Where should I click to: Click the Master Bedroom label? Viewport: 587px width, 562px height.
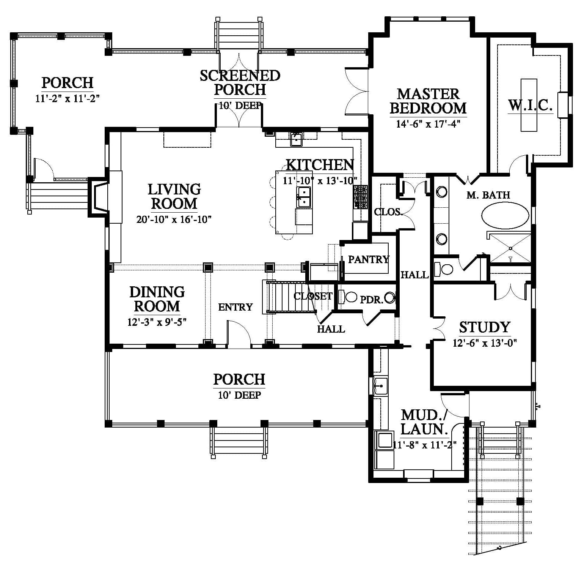[x=428, y=101]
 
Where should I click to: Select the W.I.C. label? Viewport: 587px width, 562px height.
[x=530, y=105]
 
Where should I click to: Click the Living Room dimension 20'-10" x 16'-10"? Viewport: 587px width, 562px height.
[x=174, y=219]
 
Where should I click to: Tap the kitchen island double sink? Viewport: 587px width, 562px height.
[x=304, y=197]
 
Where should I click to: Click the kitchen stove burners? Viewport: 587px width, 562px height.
[x=361, y=197]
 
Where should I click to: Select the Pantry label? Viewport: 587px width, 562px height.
[x=369, y=259]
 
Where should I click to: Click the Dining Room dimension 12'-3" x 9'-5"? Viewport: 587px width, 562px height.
[x=157, y=322]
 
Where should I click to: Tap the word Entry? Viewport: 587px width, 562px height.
[x=235, y=307]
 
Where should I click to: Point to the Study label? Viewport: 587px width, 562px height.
[x=485, y=327]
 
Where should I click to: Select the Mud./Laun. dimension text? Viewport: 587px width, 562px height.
[x=424, y=445]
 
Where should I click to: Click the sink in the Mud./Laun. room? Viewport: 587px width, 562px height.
[x=380, y=386]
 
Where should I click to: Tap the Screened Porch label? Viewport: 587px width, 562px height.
[x=240, y=82]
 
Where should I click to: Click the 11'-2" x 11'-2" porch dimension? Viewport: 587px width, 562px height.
[x=67, y=99]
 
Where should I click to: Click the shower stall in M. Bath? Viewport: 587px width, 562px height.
[x=510, y=248]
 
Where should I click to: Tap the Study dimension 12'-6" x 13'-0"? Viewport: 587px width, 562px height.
[x=485, y=343]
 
